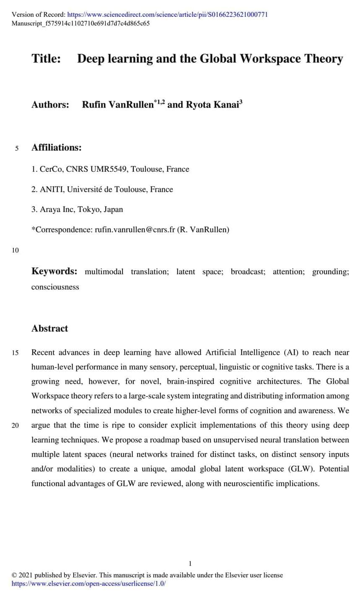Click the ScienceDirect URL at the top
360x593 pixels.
pos(168,15)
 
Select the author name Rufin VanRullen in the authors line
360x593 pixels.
pos(118,104)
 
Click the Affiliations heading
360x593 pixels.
pos(56,148)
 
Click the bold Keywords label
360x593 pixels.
pos(54,271)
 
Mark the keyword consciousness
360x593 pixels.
pos(55,287)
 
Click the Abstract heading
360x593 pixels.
pos(49,329)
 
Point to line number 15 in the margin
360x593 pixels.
pos(15,353)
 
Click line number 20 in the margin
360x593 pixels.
pos(15,426)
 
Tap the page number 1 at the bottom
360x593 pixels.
pos(190,563)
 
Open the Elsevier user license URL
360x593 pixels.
pos(88,583)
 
